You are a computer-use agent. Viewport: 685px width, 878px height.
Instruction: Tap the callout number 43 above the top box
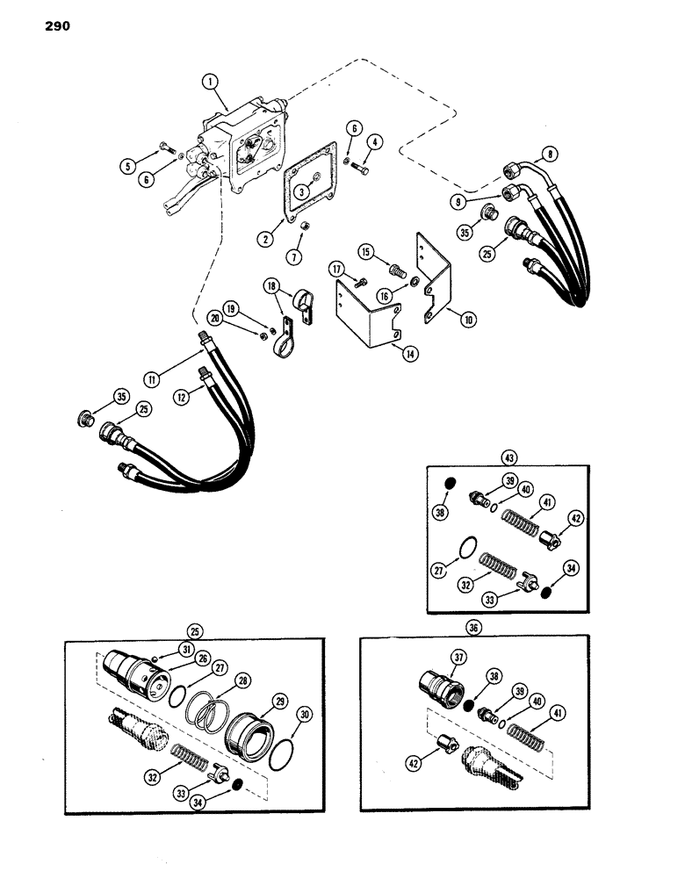508,457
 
